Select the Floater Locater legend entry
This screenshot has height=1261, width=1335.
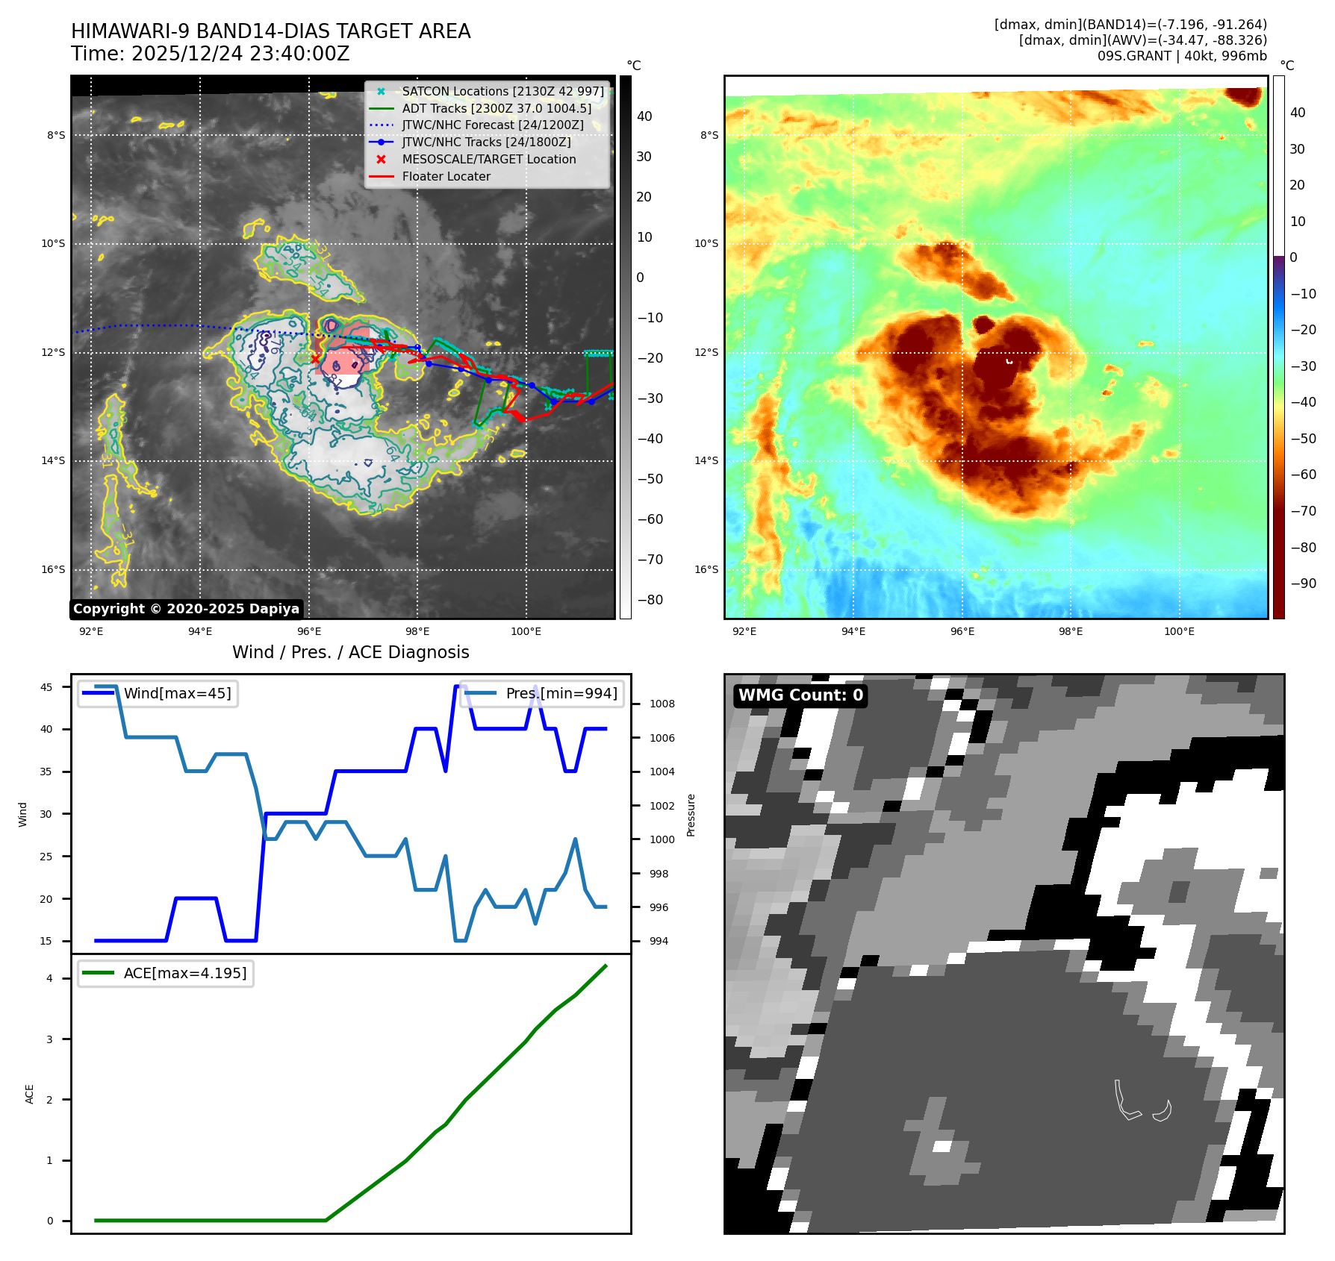point(446,177)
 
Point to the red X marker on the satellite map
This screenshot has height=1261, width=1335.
point(315,359)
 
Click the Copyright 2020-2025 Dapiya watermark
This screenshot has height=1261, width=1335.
point(186,609)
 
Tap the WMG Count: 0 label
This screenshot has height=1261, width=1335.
point(800,695)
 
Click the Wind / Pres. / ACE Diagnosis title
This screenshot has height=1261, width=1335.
point(351,652)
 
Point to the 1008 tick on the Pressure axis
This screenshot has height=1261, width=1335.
point(662,704)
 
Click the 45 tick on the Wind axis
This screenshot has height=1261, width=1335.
point(46,687)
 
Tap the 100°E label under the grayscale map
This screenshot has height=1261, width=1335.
point(526,631)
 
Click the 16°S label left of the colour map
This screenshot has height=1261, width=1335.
point(706,569)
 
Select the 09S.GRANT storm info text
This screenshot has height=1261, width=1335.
point(1181,56)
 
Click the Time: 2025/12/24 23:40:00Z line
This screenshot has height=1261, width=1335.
point(210,54)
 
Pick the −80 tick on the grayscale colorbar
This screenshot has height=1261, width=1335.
point(650,600)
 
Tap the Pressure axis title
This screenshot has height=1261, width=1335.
point(691,815)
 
